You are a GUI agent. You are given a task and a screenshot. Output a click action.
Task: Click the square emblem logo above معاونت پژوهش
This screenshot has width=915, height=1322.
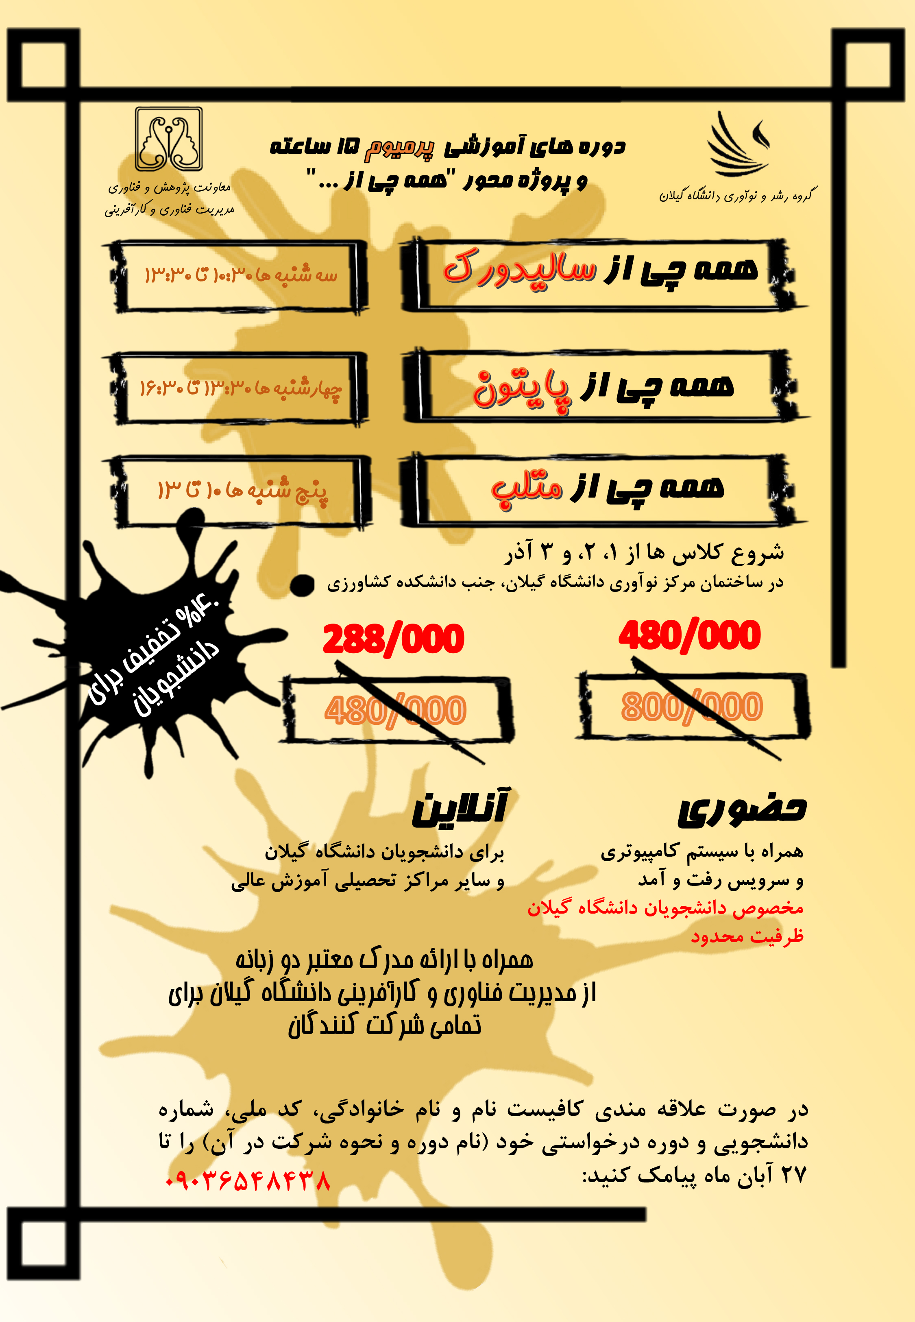point(168,139)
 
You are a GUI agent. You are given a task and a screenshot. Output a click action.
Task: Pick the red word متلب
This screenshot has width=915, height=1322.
point(526,491)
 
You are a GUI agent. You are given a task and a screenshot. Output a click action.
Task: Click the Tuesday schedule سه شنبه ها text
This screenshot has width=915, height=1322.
point(241,275)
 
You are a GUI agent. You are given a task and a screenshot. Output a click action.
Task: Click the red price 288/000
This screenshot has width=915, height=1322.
point(393,639)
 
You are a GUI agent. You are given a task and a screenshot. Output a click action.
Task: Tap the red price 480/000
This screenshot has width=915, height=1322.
point(689,635)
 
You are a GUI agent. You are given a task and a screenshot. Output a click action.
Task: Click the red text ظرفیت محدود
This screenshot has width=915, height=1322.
point(747,936)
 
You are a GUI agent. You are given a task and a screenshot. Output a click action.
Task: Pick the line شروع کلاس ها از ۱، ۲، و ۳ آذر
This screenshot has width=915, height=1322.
point(643,552)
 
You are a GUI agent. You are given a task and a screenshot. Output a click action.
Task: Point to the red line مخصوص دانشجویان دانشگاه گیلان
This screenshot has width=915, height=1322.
point(665,908)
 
